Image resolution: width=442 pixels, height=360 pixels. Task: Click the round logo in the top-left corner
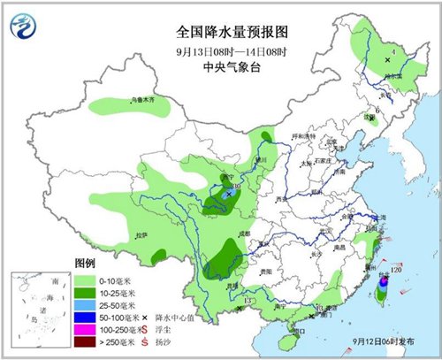pyautogui.click(x=26, y=29)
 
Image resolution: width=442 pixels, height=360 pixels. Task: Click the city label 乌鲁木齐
pyautogui.click(x=132, y=99)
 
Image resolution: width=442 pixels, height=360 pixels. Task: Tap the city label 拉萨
pyautogui.click(x=141, y=235)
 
